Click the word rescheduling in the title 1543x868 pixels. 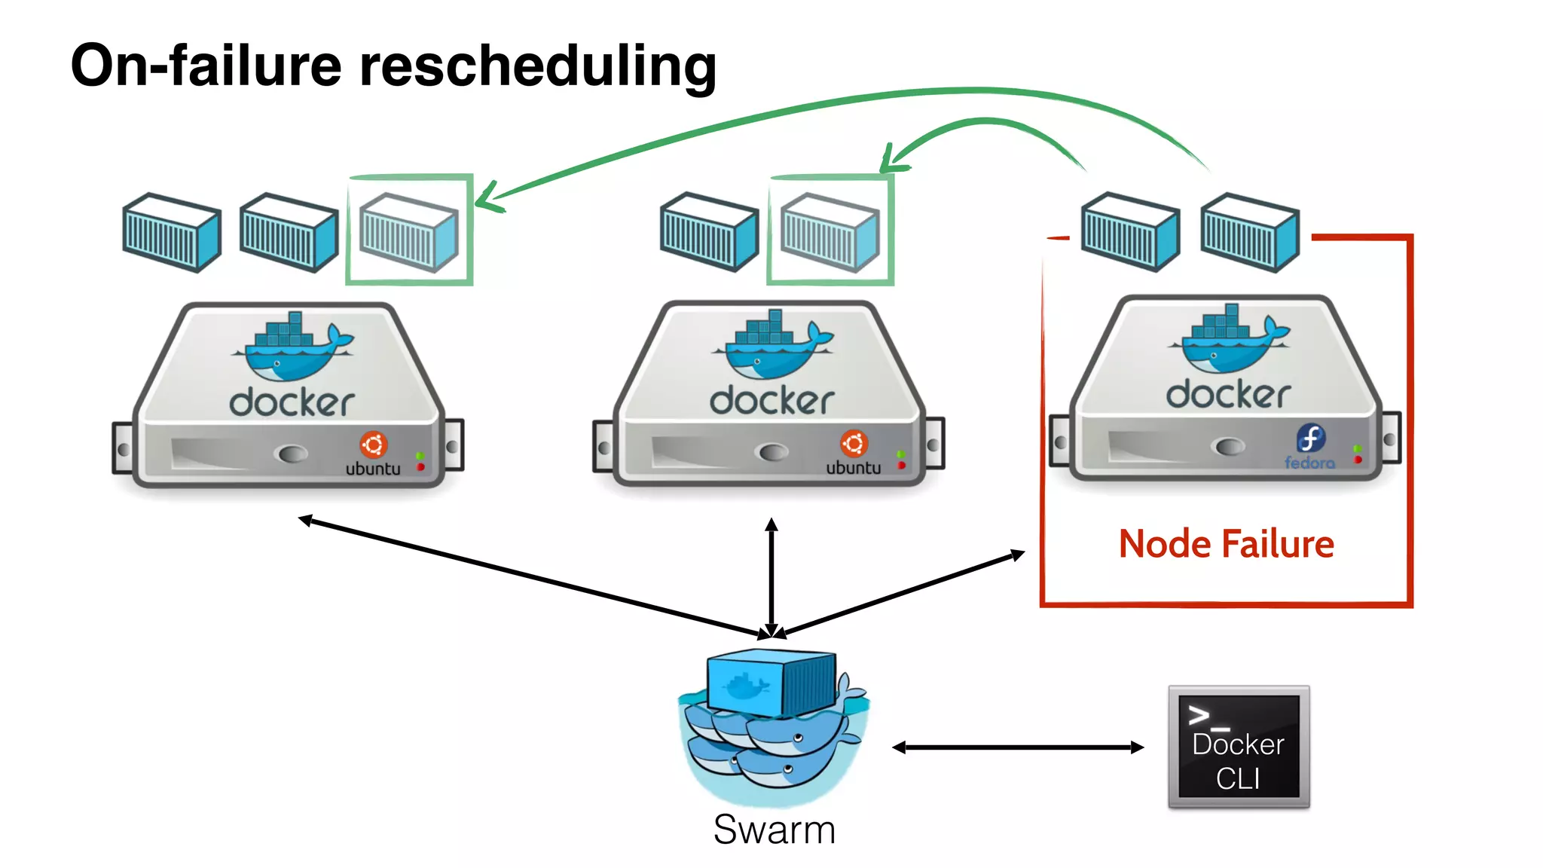coord(537,66)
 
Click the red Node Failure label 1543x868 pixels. coord(1226,544)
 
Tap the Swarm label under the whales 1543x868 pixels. coord(774,830)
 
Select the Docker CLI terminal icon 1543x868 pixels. coord(1239,747)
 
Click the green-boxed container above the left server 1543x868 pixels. coord(409,231)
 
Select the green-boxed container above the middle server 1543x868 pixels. coord(830,231)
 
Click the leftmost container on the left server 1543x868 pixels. coord(172,232)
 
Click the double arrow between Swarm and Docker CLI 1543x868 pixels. coord(1017,747)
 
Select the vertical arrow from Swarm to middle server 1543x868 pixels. coord(771,576)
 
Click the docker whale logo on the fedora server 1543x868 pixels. coord(1230,341)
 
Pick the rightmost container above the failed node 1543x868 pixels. coord(1249,232)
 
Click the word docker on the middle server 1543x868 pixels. coord(772,400)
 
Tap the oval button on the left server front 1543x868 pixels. coord(292,454)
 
